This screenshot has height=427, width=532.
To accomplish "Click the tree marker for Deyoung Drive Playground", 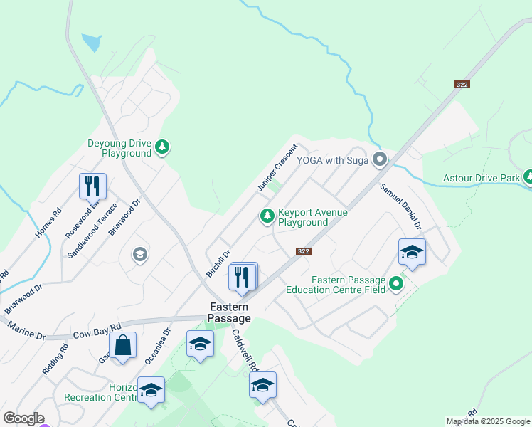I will [163, 147].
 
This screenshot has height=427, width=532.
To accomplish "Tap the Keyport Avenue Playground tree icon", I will [267, 215].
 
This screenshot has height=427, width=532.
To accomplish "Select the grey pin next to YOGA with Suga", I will [380, 159].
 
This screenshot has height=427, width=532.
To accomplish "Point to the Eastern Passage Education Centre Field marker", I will [396, 285].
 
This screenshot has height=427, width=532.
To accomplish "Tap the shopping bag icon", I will [122, 346].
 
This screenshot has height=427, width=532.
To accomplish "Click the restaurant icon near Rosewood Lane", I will [92, 186].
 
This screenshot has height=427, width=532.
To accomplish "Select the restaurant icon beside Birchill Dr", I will [243, 277].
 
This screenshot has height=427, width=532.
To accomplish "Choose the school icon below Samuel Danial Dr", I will [412, 252].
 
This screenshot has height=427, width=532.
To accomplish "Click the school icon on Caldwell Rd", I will [262, 385].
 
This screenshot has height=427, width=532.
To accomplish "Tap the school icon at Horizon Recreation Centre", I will [151, 390].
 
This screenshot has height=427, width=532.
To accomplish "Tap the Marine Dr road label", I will [26, 332].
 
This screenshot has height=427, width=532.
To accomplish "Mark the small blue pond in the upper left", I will [91, 43].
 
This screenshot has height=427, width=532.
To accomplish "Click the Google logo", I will [23, 418].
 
